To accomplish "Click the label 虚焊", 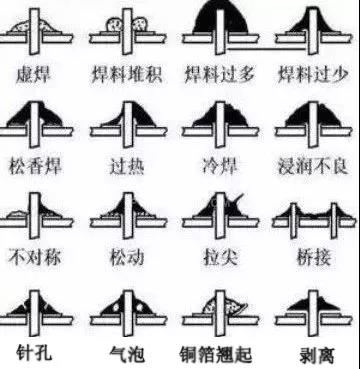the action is [40, 75].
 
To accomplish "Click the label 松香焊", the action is [40, 165].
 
